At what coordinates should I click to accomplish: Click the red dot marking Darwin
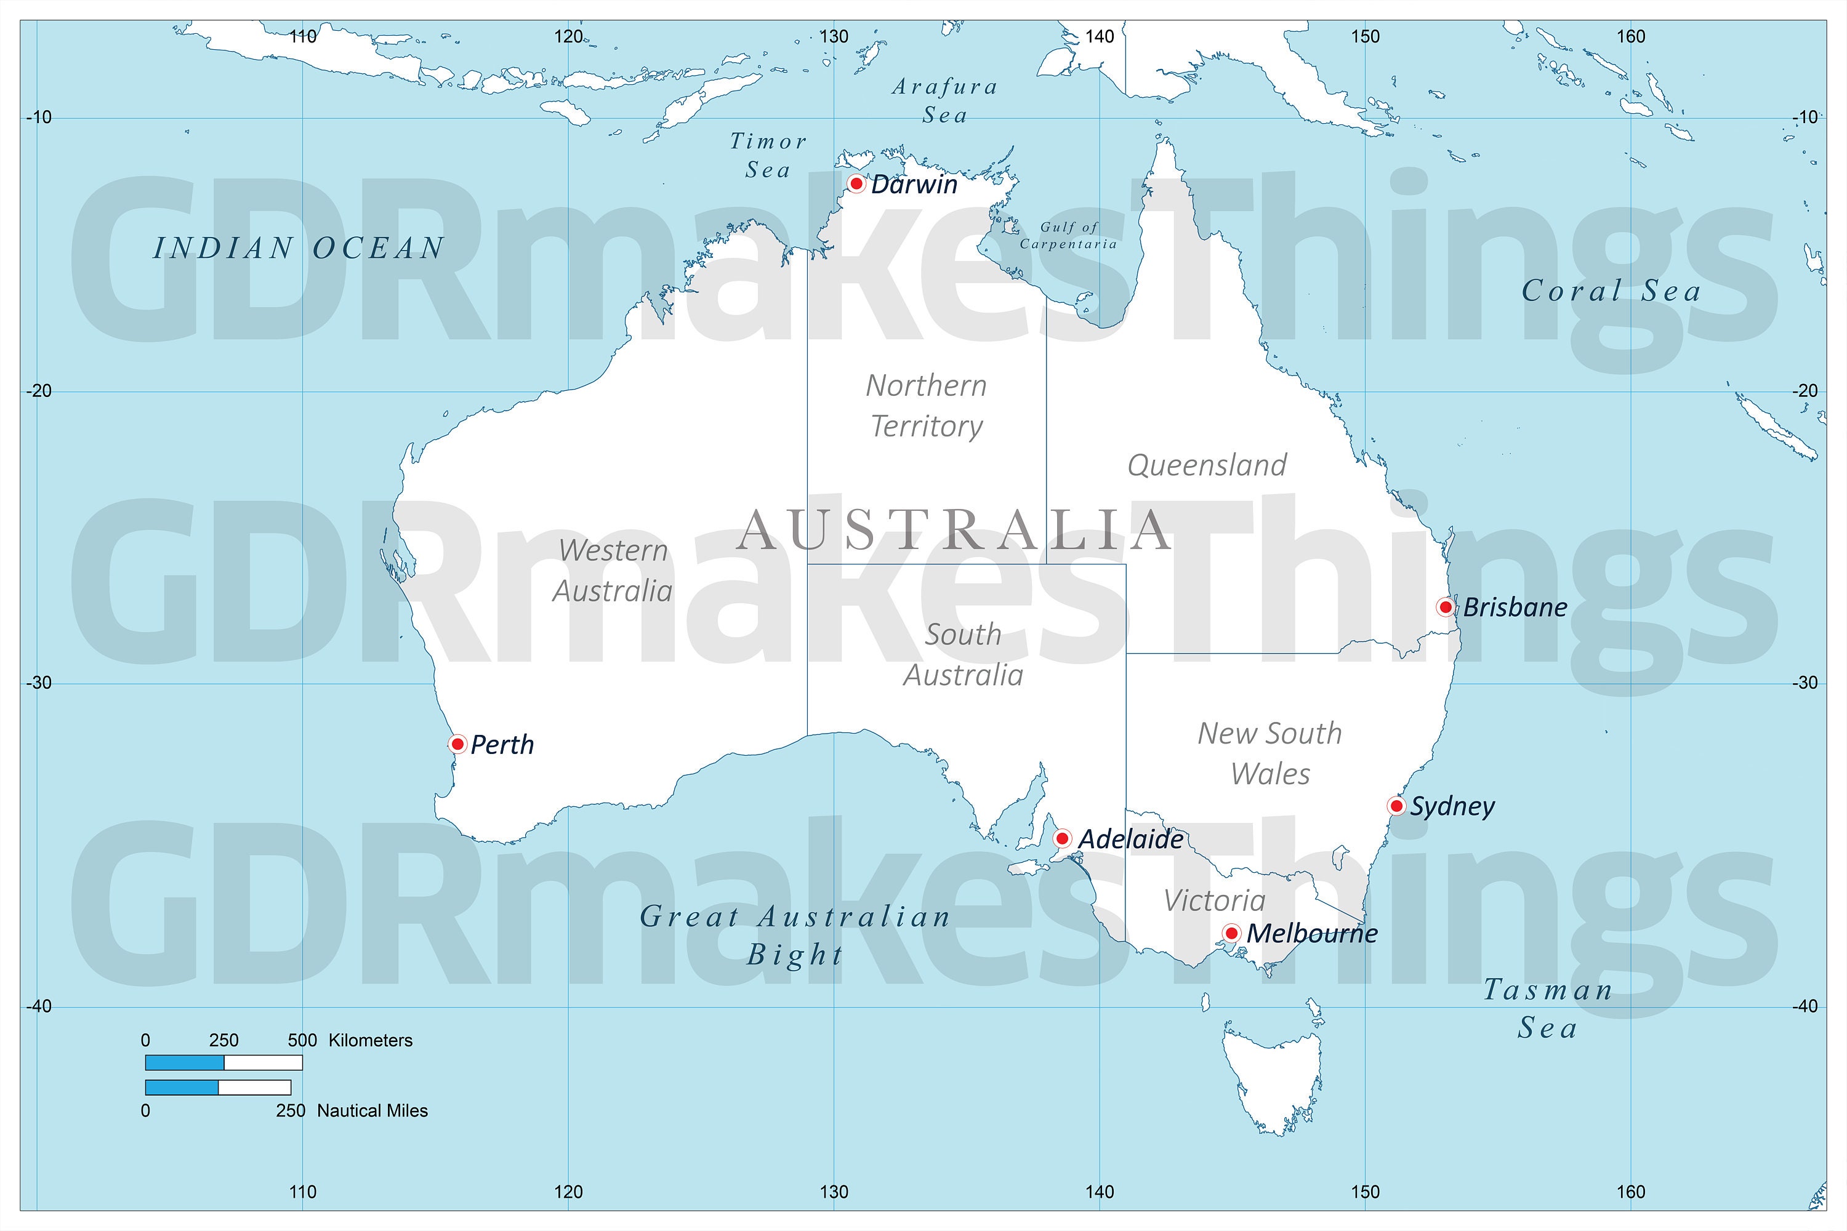[x=857, y=183]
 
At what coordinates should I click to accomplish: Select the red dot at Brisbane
[x=1446, y=607]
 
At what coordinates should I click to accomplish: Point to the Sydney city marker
[x=1396, y=806]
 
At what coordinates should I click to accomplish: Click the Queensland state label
[x=1207, y=465]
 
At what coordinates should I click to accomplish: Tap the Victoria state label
[x=1214, y=900]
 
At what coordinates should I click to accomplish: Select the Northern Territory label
[x=927, y=406]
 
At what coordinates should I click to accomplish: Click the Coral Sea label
[x=1611, y=291]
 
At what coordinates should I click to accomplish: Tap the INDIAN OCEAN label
[x=299, y=249]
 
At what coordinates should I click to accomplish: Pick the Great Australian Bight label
[x=795, y=935]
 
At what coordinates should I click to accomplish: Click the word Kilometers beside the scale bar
[x=370, y=1040]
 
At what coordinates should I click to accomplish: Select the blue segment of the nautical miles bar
[x=182, y=1088]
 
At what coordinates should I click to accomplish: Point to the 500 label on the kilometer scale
[x=302, y=1040]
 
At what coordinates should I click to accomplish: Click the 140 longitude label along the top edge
[x=1100, y=36]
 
